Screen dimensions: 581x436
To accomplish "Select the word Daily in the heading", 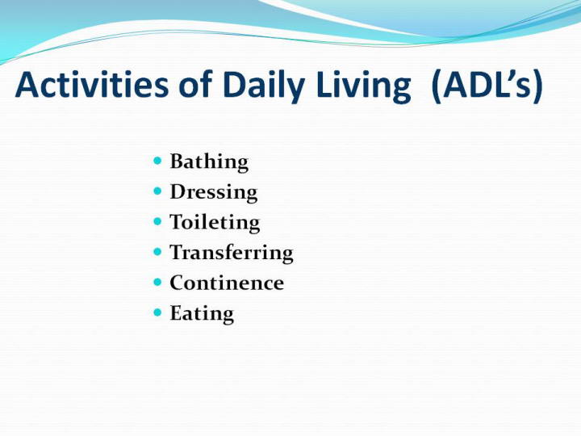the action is pos(264,87).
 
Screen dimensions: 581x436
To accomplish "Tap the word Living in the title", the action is pos(363,87).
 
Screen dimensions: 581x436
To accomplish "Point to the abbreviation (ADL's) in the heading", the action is pos(487,86).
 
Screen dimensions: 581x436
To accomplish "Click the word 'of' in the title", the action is pos(195,84).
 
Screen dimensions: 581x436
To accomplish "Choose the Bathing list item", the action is pos(209,162).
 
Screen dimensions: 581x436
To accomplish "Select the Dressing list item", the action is pos(213,192).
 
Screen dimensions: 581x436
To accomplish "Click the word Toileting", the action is pos(215,223).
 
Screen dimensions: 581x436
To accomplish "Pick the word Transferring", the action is pos(232,254).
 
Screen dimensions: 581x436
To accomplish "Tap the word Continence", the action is pos(227,283).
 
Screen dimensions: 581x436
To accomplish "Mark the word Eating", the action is pos(202,314).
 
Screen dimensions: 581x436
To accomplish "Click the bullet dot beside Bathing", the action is pos(157,161).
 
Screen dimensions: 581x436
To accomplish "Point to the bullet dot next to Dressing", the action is pos(157,191).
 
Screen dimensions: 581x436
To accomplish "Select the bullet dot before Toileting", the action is pos(157,222).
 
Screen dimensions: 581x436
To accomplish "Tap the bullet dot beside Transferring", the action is pos(157,252).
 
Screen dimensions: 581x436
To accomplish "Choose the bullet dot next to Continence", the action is pos(157,283).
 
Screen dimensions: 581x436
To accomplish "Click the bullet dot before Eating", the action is pos(157,313).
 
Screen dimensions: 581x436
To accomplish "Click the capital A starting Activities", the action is pos(27,85).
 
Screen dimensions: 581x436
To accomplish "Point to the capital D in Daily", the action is pos(234,85).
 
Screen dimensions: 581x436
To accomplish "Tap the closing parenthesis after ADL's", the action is pos(538,86).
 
